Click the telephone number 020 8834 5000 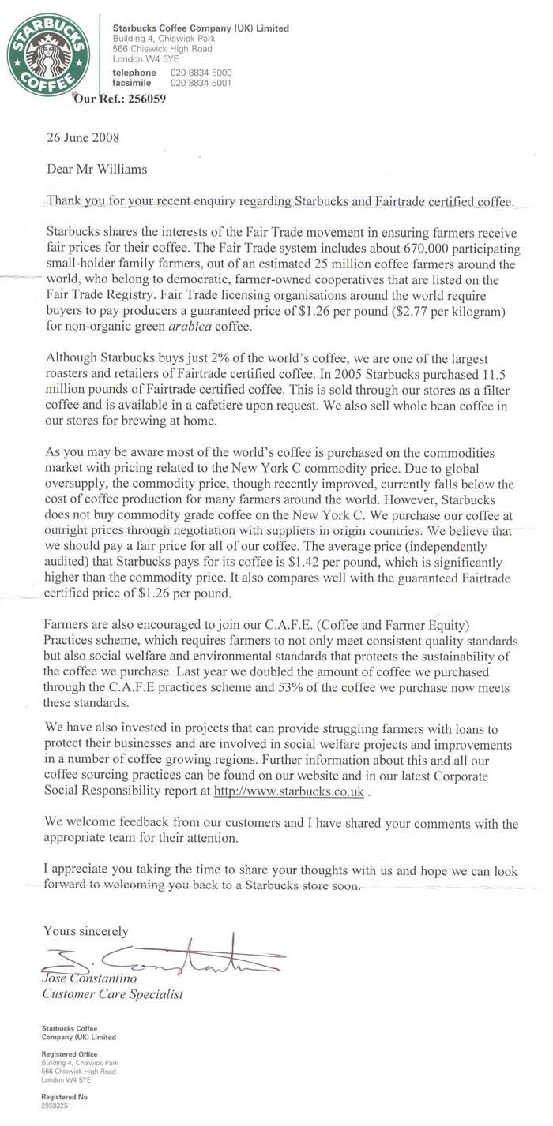click(x=201, y=72)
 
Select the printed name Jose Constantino click(x=90, y=980)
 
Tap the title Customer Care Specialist click(x=112, y=995)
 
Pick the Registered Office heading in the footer click(x=60, y=1053)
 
